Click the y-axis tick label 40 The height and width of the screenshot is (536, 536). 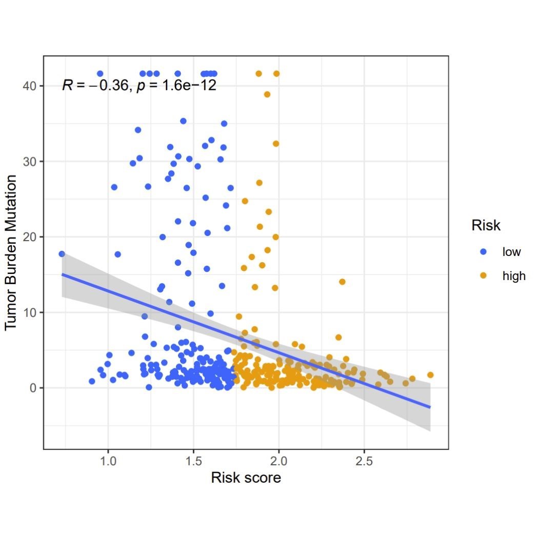pyautogui.click(x=29, y=86)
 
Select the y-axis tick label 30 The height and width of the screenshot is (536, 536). pyautogui.click(x=29, y=162)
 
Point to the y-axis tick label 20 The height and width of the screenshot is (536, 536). pyautogui.click(x=29, y=237)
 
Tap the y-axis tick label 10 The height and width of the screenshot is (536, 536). pyautogui.click(x=29, y=312)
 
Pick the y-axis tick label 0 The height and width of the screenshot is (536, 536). pyautogui.click(x=32, y=388)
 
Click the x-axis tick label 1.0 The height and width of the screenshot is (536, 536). pyautogui.click(x=108, y=458)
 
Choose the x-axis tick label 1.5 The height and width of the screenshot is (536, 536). pyautogui.click(x=193, y=458)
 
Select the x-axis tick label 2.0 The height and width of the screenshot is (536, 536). pyautogui.click(x=279, y=458)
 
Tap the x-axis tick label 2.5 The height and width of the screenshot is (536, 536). pyautogui.click(x=364, y=458)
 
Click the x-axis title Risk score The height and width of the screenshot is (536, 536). pyautogui.click(x=246, y=478)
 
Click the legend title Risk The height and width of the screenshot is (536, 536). pyautogui.click(x=486, y=226)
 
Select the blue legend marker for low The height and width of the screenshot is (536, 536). pyautogui.click(x=483, y=252)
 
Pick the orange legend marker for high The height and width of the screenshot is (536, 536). pyautogui.click(x=483, y=276)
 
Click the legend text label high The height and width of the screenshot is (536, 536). pyautogui.click(x=514, y=276)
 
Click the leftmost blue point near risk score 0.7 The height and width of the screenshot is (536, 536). pyautogui.click(x=62, y=254)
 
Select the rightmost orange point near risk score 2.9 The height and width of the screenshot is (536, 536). pyautogui.click(x=430, y=375)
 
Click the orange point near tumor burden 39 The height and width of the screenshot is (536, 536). pyautogui.click(x=267, y=94)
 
